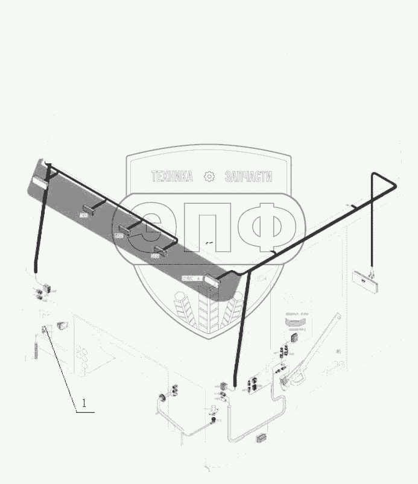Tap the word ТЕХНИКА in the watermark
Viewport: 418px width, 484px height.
(172, 177)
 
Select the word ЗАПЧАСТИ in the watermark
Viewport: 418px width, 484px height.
(248, 177)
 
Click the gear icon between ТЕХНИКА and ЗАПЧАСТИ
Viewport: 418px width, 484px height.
(209, 177)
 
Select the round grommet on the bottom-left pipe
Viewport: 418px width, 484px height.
(162, 398)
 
